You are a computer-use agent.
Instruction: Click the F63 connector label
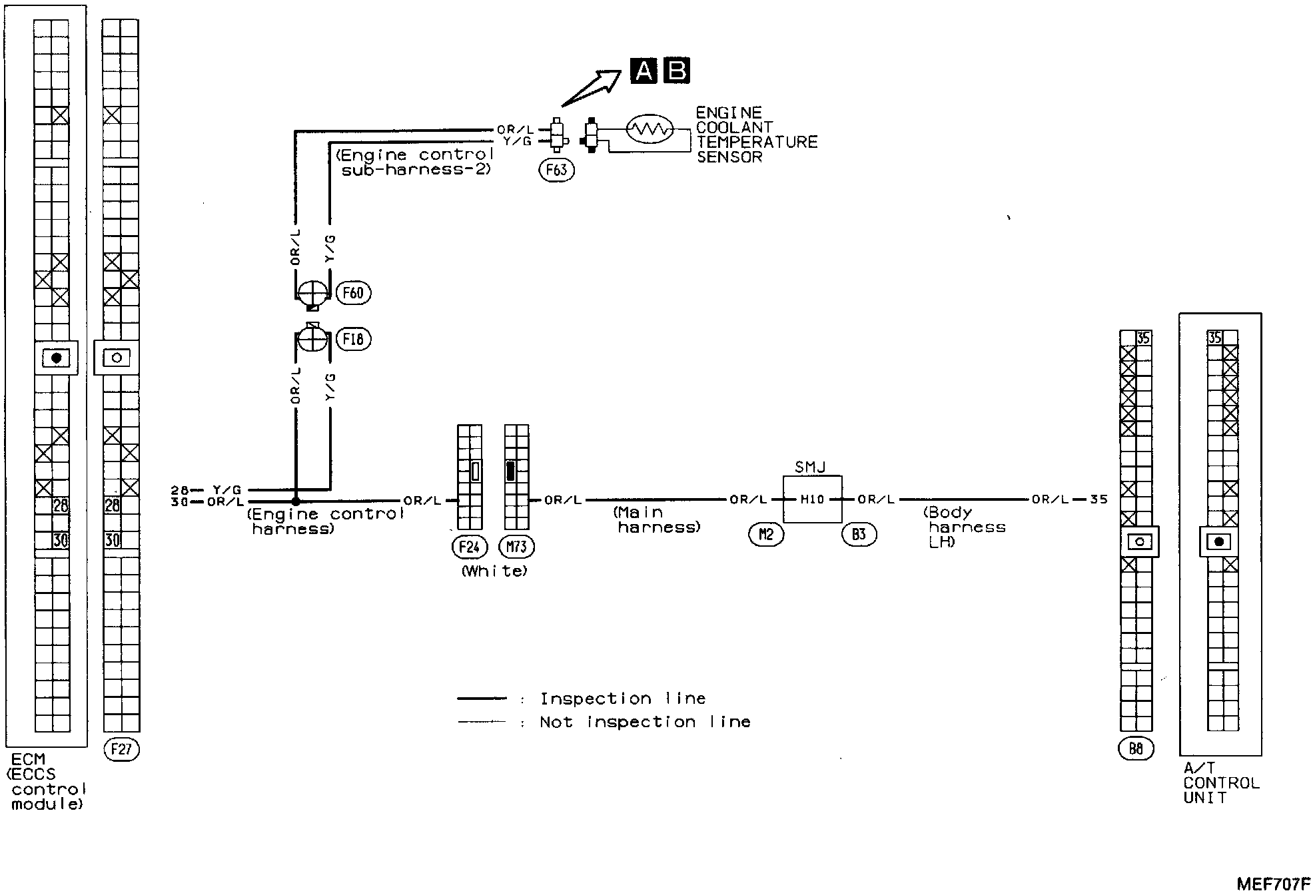(556, 170)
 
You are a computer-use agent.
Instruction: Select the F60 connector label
(353, 293)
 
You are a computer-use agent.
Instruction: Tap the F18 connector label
(353, 339)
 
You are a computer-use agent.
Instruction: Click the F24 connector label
(469, 547)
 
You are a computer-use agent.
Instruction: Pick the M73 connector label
(516, 547)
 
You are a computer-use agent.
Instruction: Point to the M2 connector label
(766, 534)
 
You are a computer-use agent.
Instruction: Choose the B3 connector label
(859, 534)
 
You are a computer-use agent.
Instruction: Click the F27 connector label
(121, 750)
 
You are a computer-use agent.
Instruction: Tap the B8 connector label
(1136, 749)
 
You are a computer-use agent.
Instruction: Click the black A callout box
(644, 71)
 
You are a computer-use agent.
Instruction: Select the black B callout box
(677, 71)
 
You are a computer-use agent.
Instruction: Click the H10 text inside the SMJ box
(812, 499)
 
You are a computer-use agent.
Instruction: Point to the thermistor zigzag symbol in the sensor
(650, 129)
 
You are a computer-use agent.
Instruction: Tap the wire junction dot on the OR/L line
(296, 500)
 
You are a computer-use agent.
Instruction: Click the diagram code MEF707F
(1273, 884)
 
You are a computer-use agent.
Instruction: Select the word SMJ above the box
(810, 467)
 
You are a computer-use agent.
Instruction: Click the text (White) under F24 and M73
(494, 571)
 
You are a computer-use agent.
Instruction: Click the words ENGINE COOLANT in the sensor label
(733, 120)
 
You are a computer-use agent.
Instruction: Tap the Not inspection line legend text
(645, 722)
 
